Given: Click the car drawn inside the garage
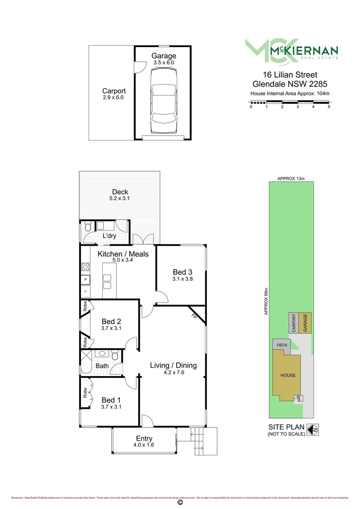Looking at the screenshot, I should tap(163, 101).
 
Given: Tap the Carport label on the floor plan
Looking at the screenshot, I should tap(114, 91).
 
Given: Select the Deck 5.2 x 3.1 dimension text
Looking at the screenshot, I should tap(120, 199).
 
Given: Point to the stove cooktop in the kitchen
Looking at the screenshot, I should tap(86, 267).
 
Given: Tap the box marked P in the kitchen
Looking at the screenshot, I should tap(86, 280).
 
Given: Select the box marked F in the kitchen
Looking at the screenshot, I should tap(86, 292).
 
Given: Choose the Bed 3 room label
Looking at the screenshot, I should tap(182, 272).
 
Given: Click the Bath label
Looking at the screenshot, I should tap(102, 366).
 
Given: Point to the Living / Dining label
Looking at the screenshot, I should tap(173, 365).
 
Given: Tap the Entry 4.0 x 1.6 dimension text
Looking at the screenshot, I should tap(144, 445).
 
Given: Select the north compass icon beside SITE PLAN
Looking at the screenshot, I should tap(311, 430).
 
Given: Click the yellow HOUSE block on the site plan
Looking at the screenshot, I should tap(287, 375).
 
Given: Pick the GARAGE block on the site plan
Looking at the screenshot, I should tap(305, 323).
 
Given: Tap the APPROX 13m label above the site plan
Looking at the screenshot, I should tap(291, 179).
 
